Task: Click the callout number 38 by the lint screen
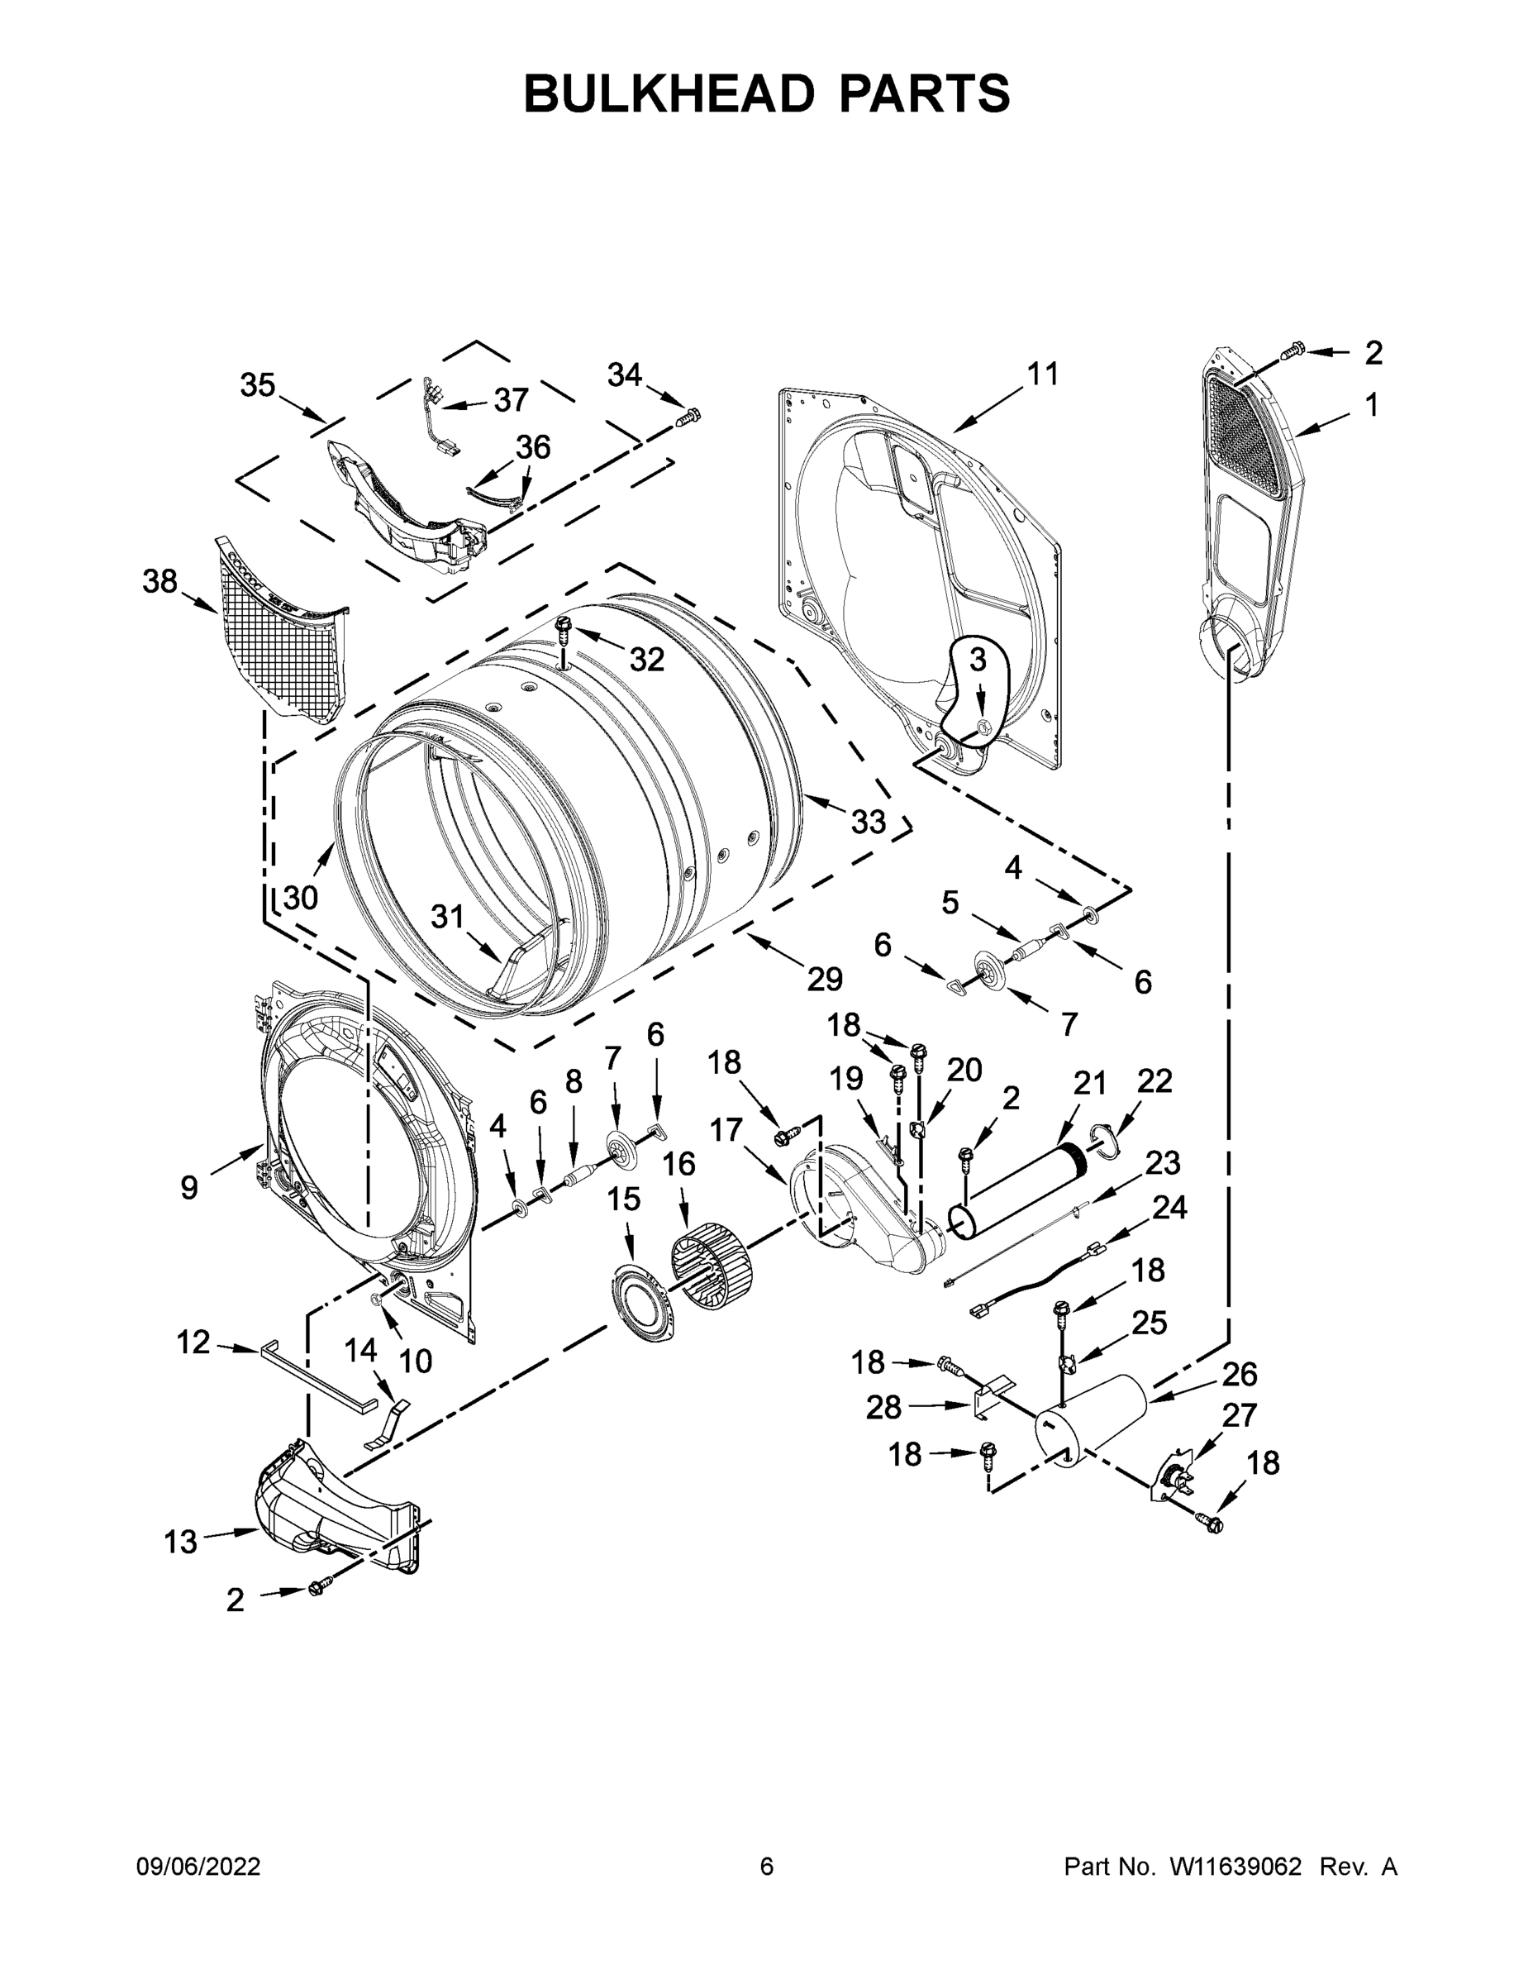point(159,581)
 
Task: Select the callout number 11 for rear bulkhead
point(1043,374)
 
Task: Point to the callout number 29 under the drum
point(825,979)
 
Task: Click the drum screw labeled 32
point(564,626)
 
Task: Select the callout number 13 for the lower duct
point(180,1541)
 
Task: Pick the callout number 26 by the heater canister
point(1239,1374)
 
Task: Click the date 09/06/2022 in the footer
point(198,1866)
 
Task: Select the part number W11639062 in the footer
point(1235,1866)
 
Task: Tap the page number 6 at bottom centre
point(767,1866)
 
